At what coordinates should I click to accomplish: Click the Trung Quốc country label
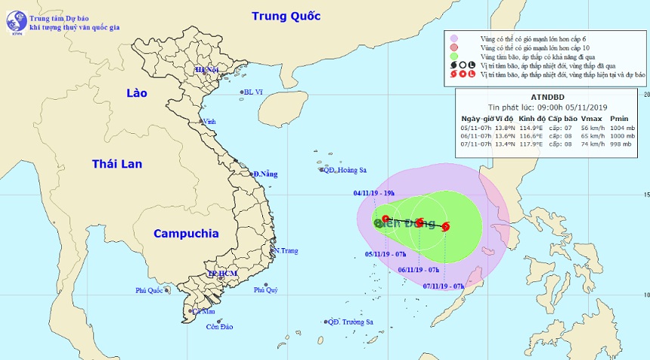point(286,16)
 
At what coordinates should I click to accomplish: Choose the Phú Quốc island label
point(150,290)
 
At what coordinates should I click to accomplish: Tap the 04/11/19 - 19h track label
point(373,191)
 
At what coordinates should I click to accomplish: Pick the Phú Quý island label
point(266,290)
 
